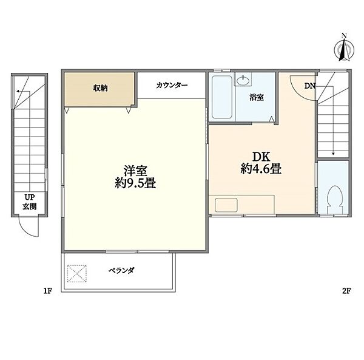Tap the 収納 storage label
pos(100,88)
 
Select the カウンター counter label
pos(172,86)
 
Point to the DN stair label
pos(309,86)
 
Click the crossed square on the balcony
pos(77,273)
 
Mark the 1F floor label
pos(48,291)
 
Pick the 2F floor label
pos(346,291)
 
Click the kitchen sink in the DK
pos(225,205)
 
